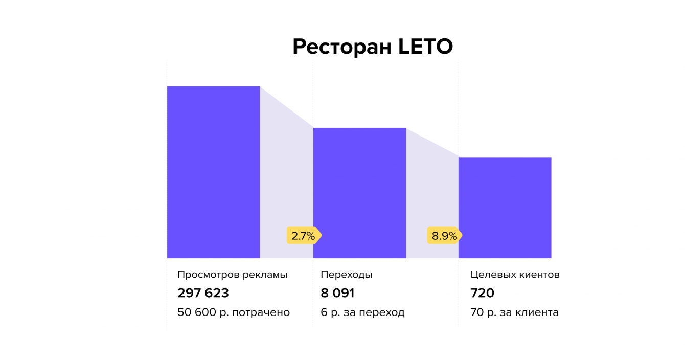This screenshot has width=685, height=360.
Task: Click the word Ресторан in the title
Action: pos(342,47)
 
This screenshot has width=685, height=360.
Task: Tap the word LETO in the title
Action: pos(425,47)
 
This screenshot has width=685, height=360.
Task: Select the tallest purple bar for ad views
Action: pos(213,172)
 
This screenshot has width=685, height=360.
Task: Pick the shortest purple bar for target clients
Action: pos(505,207)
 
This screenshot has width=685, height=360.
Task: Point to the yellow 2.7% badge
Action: pos(303,236)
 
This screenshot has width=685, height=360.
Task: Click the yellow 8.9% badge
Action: pos(444,236)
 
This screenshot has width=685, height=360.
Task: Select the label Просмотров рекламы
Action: pos(232,275)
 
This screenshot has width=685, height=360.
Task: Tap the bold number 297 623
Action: pos(203,293)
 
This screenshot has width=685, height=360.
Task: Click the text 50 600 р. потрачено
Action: pos(233,312)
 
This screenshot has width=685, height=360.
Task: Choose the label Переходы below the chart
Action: pos(346,275)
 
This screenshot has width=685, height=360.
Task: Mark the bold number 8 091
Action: pos(337,293)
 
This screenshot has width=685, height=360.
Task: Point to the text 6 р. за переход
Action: pos(362,312)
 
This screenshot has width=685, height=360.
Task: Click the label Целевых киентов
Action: pos(515,275)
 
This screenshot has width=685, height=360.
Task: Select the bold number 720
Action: pos(482,293)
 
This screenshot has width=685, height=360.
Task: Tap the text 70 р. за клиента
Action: pos(514,312)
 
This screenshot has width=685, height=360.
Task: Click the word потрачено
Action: pos(261,312)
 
